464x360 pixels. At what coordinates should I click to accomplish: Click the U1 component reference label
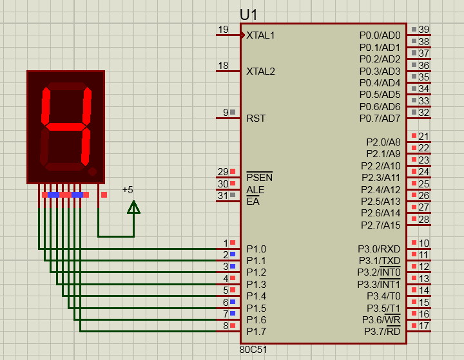(x=249, y=15)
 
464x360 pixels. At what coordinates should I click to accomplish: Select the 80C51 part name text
(x=253, y=350)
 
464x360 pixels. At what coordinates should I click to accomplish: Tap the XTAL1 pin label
(x=260, y=35)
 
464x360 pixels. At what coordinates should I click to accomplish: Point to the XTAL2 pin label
(x=260, y=71)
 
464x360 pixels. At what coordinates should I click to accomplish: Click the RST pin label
(x=256, y=118)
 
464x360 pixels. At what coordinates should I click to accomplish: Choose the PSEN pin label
(x=260, y=177)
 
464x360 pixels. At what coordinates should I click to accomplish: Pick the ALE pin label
(x=255, y=189)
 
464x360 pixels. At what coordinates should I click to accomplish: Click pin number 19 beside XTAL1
(x=223, y=30)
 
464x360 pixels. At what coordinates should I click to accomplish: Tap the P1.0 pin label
(x=256, y=249)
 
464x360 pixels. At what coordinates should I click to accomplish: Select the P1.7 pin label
(x=256, y=332)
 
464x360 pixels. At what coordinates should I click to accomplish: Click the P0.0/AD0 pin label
(x=380, y=35)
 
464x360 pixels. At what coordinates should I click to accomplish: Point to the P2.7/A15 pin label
(x=381, y=225)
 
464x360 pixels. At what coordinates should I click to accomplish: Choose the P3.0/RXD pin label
(x=379, y=249)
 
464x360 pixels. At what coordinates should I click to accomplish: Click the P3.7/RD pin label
(x=382, y=331)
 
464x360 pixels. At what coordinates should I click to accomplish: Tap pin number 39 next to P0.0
(x=424, y=30)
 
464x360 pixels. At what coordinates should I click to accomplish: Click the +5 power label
(x=128, y=189)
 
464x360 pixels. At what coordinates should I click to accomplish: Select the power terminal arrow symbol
(x=134, y=207)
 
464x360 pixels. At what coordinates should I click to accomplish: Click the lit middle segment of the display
(x=66, y=127)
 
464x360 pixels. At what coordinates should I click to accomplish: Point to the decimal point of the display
(x=92, y=171)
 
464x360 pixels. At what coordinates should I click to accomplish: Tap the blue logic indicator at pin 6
(x=233, y=302)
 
